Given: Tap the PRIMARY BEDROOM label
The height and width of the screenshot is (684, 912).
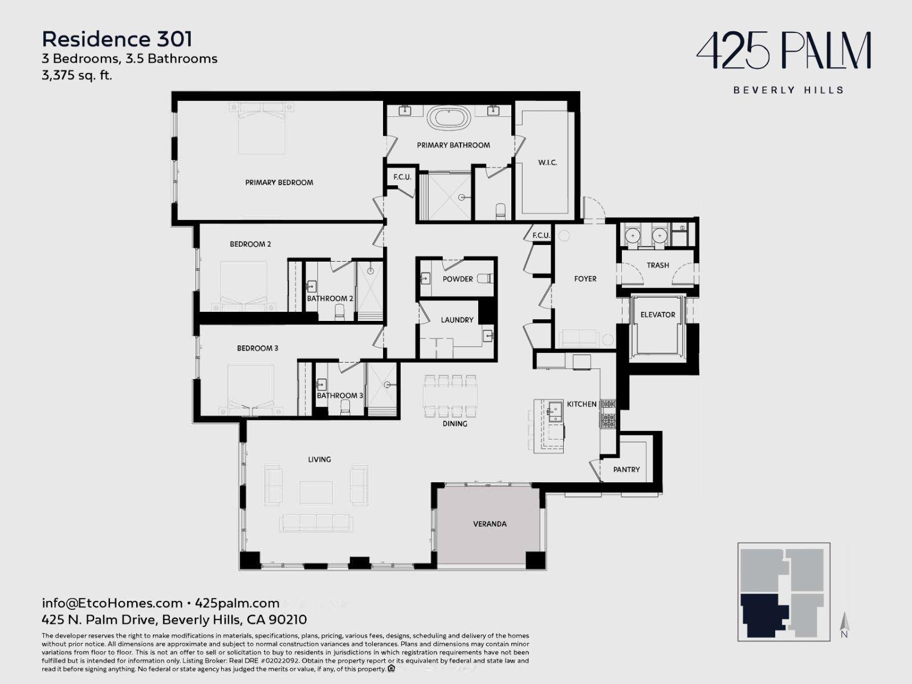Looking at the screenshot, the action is [279, 182].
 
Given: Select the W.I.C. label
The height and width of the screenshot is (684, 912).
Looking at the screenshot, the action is [547, 162].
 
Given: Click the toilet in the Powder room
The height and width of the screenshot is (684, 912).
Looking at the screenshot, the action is [485, 278].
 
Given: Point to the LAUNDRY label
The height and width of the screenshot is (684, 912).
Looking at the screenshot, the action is [457, 320].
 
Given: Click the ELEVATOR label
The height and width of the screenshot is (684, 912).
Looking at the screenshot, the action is [658, 315].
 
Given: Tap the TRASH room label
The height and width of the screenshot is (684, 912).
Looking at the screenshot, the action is [658, 265].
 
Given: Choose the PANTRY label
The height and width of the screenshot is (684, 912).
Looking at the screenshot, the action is [626, 469].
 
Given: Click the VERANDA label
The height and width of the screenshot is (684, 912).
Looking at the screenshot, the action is [490, 524].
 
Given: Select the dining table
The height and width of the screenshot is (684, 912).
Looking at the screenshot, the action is [450, 396].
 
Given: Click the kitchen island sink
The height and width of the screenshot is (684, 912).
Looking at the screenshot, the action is [555, 411].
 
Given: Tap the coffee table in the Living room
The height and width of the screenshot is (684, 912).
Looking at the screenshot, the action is [316, 492].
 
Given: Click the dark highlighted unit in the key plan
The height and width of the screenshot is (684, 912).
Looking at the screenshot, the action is [761, 614].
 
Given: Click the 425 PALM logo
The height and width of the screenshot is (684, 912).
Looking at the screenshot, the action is [784, 51].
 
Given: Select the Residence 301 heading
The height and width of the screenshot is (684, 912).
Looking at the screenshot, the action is [117, 39].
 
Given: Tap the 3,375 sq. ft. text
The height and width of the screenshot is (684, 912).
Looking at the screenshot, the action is [77, 75].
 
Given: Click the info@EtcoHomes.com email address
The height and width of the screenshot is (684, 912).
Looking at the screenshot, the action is [112, 603].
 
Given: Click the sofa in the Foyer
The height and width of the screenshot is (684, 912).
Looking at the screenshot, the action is [579, 338].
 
